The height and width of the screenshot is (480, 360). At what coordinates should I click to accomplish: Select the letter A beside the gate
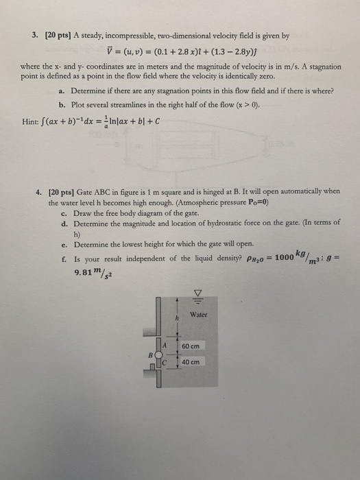click(165, 346)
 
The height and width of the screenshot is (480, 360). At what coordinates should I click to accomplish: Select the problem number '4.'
click(39, 191)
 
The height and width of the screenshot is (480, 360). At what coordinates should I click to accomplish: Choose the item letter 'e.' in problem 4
click(64, 244)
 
